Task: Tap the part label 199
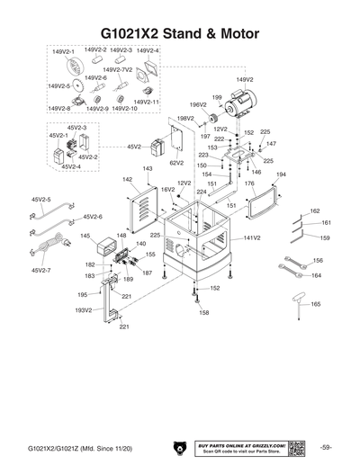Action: tap(217, 97)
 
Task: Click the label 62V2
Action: tap(176, 163)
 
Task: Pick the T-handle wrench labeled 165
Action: tap(298, 307)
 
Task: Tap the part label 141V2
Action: tap(252, 238)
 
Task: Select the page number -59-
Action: tap(325, 447)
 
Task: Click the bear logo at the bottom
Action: tap(177, 447)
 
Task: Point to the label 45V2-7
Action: tap(41, 270)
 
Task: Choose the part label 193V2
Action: tap(83, 309)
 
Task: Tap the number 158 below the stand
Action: tap(203, 312)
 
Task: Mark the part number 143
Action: tap(148, 168)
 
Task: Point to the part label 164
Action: tap(316, 276)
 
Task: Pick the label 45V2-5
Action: tap(41, 199)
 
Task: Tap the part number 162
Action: tap(314, 210)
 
